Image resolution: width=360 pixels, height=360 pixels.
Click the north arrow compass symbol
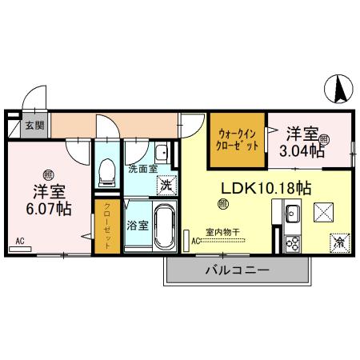pyautogui.click(x=338, y=86)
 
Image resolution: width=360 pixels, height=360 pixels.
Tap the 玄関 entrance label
pyautogui.click(x=34, y=126)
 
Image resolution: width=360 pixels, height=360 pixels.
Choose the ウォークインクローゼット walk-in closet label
pyautogui.click(x=237, y=142)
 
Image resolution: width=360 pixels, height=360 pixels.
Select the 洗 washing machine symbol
pyautogui.click(x=166, y=184)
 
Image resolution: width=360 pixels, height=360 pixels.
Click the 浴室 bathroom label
pyautogui.click(x=136, y=226)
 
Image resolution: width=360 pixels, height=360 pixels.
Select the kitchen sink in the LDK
pyautogui.click(x=291, y=214)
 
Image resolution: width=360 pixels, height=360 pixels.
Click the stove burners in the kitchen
pyautogui.click(x=291, y=242)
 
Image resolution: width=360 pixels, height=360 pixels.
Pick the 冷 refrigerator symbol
pyautogui.click(x=338, y=241)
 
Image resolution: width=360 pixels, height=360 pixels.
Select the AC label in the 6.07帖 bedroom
pyautogui.click(x=19, y=239)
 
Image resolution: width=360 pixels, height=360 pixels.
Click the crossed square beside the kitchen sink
pyautogui.click(x=324, y=213)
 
